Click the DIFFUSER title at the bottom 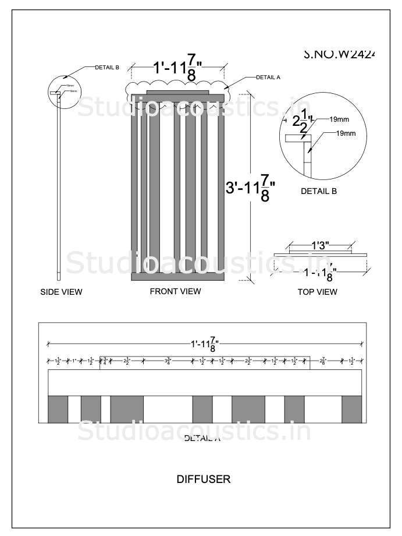[203, 479]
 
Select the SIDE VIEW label [61, 292]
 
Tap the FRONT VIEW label [175, 291]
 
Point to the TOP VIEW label [317, 292]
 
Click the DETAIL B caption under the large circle [318, 191]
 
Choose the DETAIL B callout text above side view [107, 68]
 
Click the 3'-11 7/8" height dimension [250, 188]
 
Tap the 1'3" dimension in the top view [320, 246]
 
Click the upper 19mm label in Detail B [339, 119]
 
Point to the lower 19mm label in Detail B [346, 133]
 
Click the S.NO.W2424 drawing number [339, 54]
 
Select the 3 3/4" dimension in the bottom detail [168, 361]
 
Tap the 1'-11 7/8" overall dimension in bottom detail [205, 344]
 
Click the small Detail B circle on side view [63, 92]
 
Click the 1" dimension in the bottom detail [74, 361]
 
